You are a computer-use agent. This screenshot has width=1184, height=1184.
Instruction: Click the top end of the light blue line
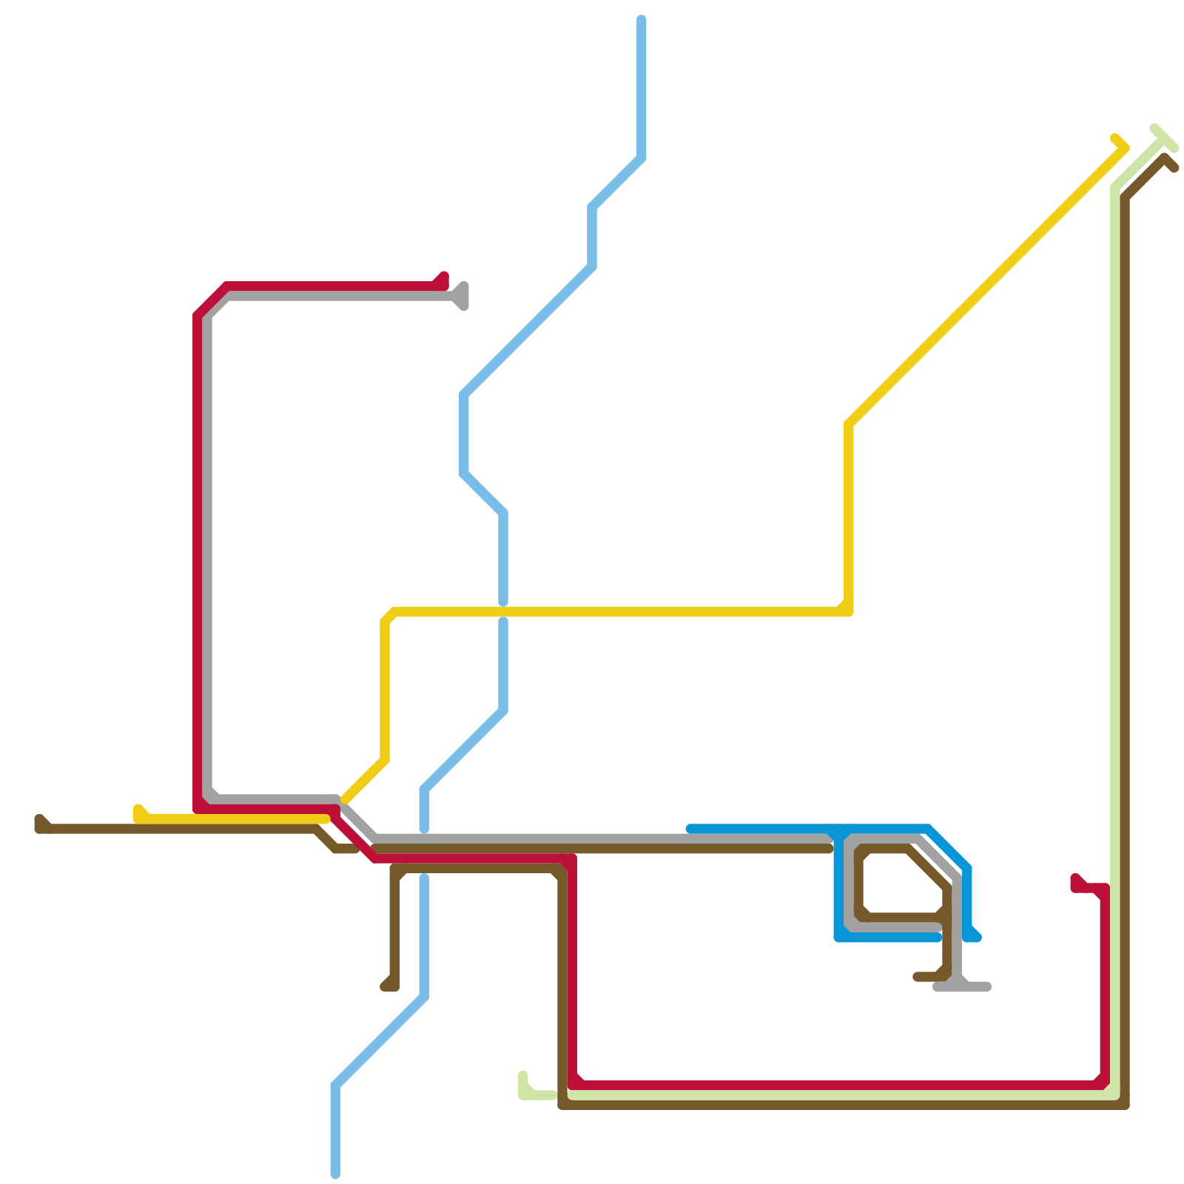pyautogui.click(x=642, y=19)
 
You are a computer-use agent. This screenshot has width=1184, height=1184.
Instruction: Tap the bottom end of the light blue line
pyautogui.click(x=335, y=1174)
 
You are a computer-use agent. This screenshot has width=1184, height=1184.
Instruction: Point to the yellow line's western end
pyautogui.click(x=138, y=808)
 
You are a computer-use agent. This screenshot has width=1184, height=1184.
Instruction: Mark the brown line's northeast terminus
pyautogui.click(x=1174, y=168)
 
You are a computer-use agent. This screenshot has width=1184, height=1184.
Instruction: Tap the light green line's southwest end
pyautogui.click(x=523, y=1075)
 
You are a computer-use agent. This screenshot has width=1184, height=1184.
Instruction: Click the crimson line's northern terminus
pyautogui.click(x=444, y=277)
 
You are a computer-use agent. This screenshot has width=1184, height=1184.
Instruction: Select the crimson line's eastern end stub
pyautogui.click(x=1075, y=878)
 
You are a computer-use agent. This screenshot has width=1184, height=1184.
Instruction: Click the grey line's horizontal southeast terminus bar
pyautogui.click(x=962, y=986)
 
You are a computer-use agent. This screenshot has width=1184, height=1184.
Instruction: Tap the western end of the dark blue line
pyautogui.click(x=690, y=829)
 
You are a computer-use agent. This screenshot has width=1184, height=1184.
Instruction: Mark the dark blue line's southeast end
pyautogui.click(x=977, y=938)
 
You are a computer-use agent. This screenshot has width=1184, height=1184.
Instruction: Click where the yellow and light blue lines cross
pyautogui.click(x=503, y=612)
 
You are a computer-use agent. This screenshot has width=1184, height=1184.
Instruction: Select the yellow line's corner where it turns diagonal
pyautogui.click(x=849, y=424)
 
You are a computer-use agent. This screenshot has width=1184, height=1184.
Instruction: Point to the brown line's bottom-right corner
pyautogui.click(x=1125, y=1105)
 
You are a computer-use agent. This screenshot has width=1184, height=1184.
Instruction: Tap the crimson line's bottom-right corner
pyautogui.click(x=1104, y=1085)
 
